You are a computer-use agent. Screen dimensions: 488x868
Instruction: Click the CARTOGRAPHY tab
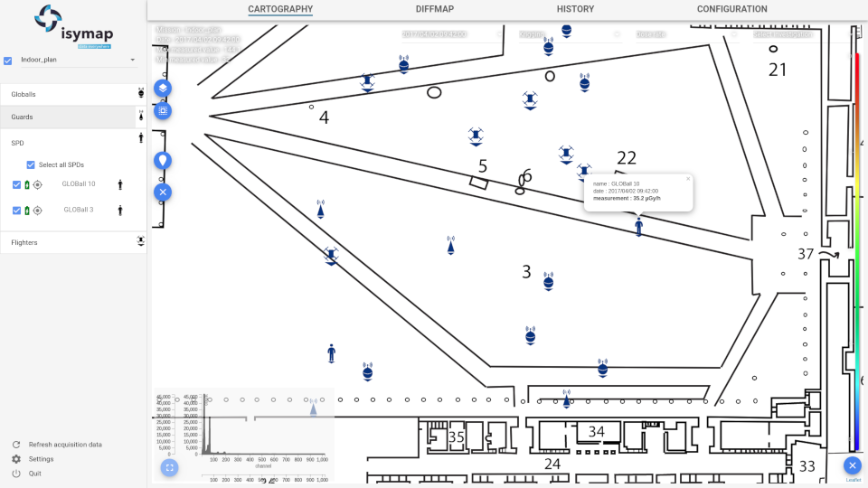coord(280,9)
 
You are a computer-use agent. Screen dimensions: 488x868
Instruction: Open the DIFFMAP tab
coord(435,9)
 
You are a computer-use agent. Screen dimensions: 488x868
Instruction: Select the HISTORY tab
coord(575,9)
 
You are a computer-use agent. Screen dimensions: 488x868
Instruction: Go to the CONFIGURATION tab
coord(731,9)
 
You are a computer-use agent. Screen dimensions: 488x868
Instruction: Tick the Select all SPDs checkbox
coord(31,164)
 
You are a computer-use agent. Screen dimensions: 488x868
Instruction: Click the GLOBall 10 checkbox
coord(17,184)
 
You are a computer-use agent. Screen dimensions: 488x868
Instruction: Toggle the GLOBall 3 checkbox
coord(17,210)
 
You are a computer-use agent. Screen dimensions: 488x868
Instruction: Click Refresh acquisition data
coord(65,445)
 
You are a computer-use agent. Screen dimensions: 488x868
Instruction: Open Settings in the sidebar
coord(41,459)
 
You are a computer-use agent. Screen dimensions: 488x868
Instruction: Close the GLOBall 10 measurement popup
coord(687,179)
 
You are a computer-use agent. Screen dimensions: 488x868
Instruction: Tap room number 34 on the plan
coord(597,432)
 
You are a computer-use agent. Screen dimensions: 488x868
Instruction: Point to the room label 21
coord(778,70)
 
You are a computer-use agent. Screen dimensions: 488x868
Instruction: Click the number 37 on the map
coord(806,254)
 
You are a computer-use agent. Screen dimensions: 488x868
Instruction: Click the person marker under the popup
coord(639,227)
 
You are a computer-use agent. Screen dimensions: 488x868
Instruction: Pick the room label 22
coord(627,159)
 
